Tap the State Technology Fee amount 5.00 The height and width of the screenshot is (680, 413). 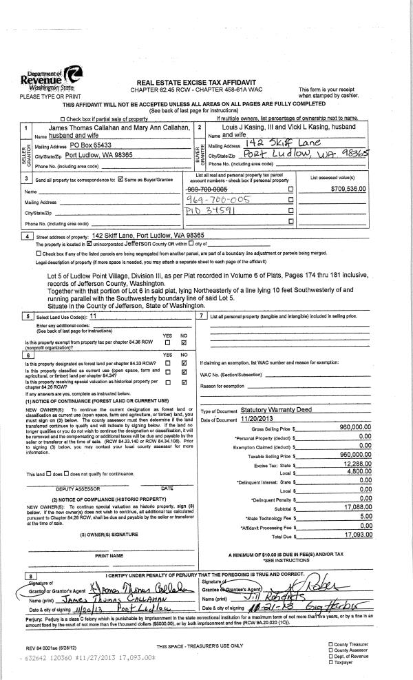[366, 517]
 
